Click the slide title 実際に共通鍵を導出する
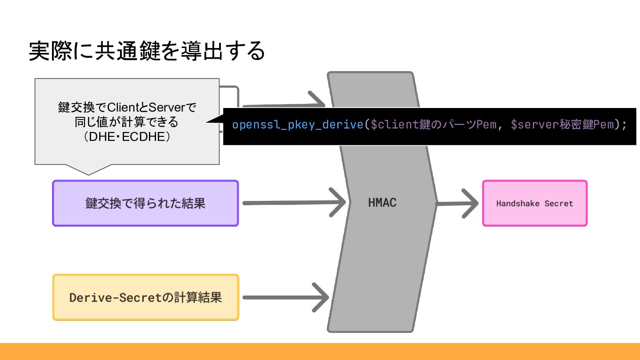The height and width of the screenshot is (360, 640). (147, 51)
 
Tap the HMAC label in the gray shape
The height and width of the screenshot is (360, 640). (382, 203)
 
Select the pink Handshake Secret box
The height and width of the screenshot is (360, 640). (535, 203)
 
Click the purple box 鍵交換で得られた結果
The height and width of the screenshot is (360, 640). (145, 203)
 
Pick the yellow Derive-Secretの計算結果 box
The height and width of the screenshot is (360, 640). (145, 297)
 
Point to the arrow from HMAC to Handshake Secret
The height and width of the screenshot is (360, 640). (458, 204)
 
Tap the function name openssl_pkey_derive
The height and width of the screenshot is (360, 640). (297, 124)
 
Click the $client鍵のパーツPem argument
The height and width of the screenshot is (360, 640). (433, 124)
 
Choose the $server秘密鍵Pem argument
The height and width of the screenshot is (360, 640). (562, 124)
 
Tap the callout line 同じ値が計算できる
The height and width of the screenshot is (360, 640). (127, 122)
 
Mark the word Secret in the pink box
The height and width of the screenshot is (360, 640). (559, 204)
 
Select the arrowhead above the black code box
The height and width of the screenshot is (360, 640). (318, 100)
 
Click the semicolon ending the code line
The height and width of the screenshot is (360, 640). (624, 125)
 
